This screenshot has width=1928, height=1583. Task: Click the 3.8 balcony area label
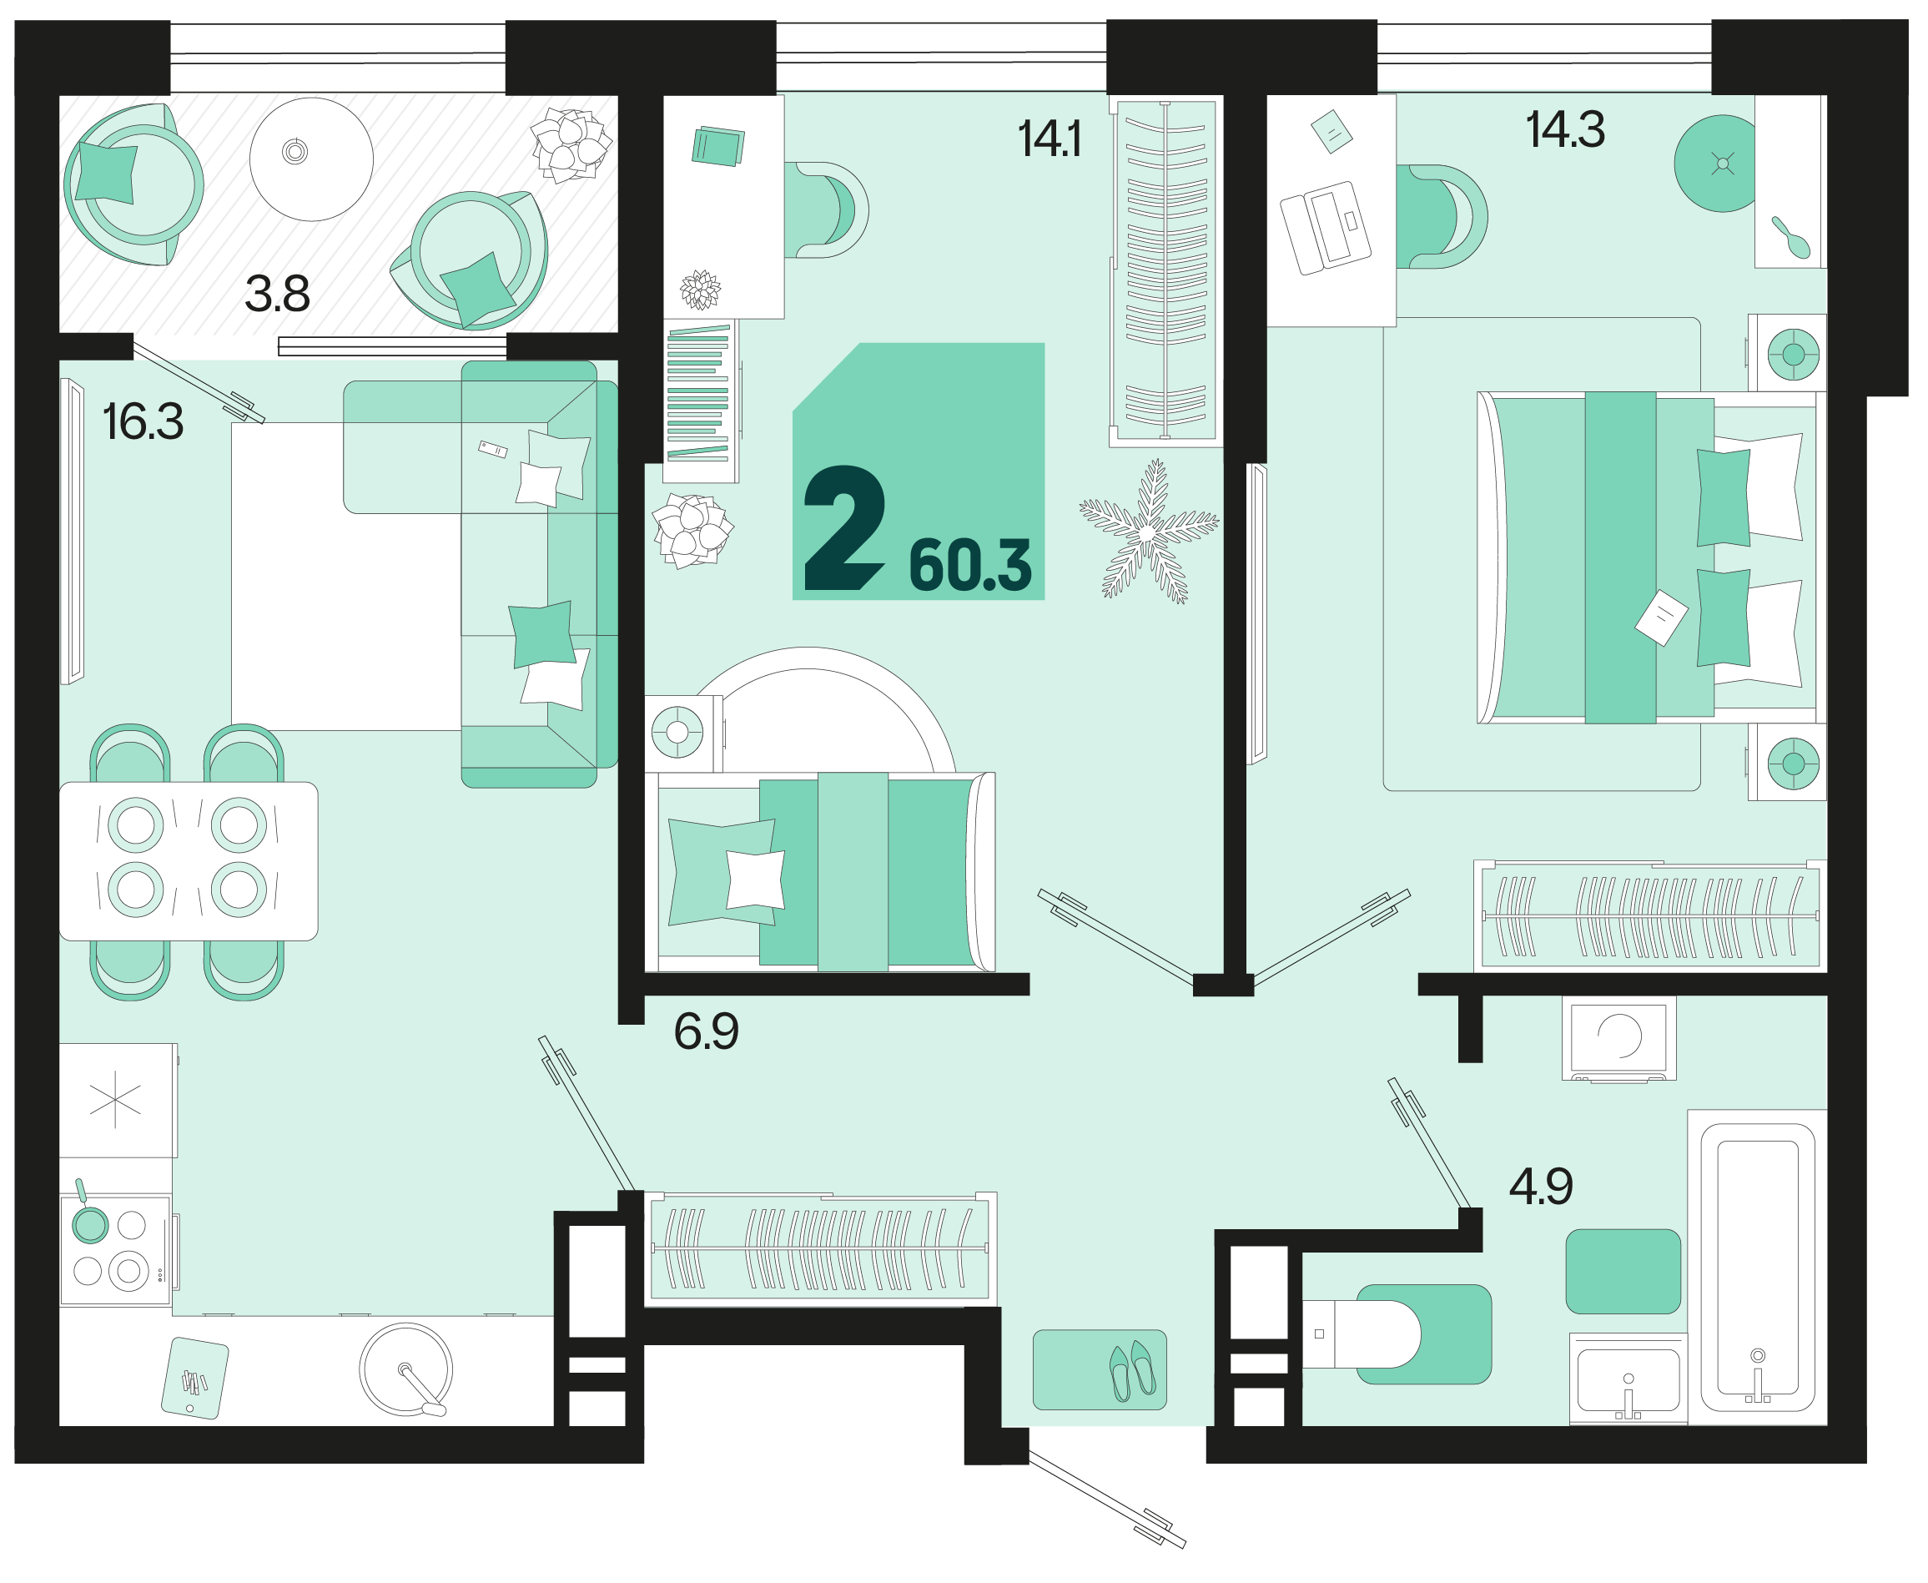277,295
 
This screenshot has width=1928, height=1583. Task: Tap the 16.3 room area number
143,422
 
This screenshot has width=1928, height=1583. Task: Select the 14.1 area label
1050,139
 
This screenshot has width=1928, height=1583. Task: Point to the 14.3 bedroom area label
1565,129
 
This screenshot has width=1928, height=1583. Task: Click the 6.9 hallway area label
706,1031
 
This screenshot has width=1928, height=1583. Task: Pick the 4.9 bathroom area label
1541,1187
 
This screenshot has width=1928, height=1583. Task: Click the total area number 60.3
970,567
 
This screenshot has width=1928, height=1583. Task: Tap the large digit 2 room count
843,528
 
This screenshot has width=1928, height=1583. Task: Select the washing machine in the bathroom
1619,1039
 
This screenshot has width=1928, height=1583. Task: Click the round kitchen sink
405,1369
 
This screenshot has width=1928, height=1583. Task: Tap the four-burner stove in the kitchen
116,1250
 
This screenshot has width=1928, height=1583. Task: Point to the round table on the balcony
312,159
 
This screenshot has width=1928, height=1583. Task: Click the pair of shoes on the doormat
1132,1370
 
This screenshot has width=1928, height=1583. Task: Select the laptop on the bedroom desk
1326,228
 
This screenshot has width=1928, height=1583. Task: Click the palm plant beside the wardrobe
1149,531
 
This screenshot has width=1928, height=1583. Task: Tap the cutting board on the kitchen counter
194,1378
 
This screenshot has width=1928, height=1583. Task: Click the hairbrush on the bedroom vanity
1791,238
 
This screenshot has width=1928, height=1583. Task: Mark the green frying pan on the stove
88,1218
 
